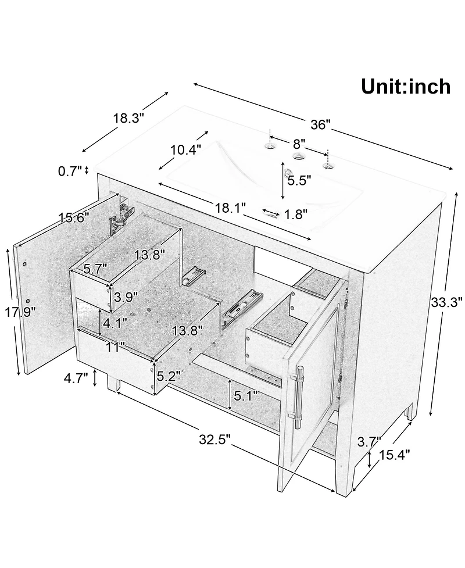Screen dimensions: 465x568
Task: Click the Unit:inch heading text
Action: (406, 87)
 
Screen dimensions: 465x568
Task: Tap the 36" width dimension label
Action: (321, 124)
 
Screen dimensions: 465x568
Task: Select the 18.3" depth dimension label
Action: (128, 118)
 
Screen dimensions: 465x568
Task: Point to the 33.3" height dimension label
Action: (446, 302)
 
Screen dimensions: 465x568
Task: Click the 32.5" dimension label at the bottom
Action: (214, 440)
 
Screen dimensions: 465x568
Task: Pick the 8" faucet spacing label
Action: (299, 144)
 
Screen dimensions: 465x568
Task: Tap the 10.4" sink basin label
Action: (186, 149)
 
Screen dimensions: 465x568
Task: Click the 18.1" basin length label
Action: (231, 208)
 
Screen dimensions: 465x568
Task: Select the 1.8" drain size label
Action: (296, 215)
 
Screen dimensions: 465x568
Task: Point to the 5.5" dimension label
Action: (299, 180)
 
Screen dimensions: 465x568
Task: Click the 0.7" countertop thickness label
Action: (70, 171)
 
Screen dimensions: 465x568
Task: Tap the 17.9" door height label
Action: (20, 312)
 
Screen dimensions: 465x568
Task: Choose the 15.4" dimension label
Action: (395, 455)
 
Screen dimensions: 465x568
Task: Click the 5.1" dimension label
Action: (246, 395)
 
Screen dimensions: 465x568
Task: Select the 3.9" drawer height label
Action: (126, 298)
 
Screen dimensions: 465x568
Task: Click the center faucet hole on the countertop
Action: (298, 156)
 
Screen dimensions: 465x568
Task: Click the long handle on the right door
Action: (300, 397)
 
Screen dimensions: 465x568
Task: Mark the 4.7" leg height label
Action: (76, 378)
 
